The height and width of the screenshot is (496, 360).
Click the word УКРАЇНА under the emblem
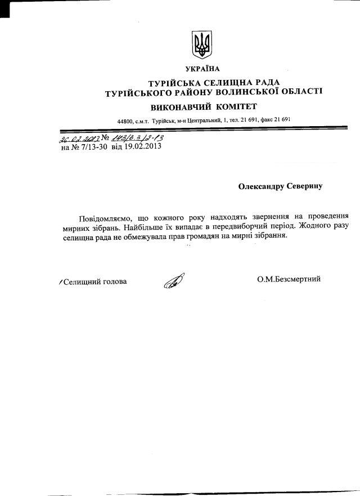tap(201, 69)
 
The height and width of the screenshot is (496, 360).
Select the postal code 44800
tap(125, 121)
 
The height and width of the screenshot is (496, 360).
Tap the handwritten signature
tap(174, 280)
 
